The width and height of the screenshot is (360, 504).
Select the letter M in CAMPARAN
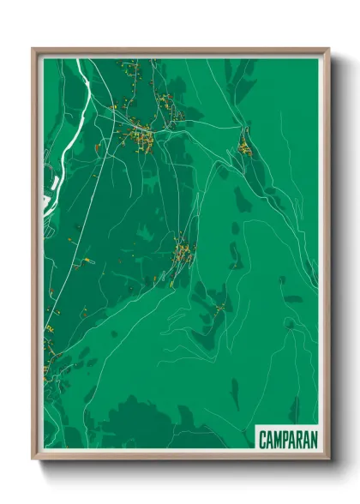click(x=277, y=439)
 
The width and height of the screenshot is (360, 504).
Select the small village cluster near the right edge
click(x=245, y=148)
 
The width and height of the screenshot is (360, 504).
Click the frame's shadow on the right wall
click(x=335, y=257)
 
